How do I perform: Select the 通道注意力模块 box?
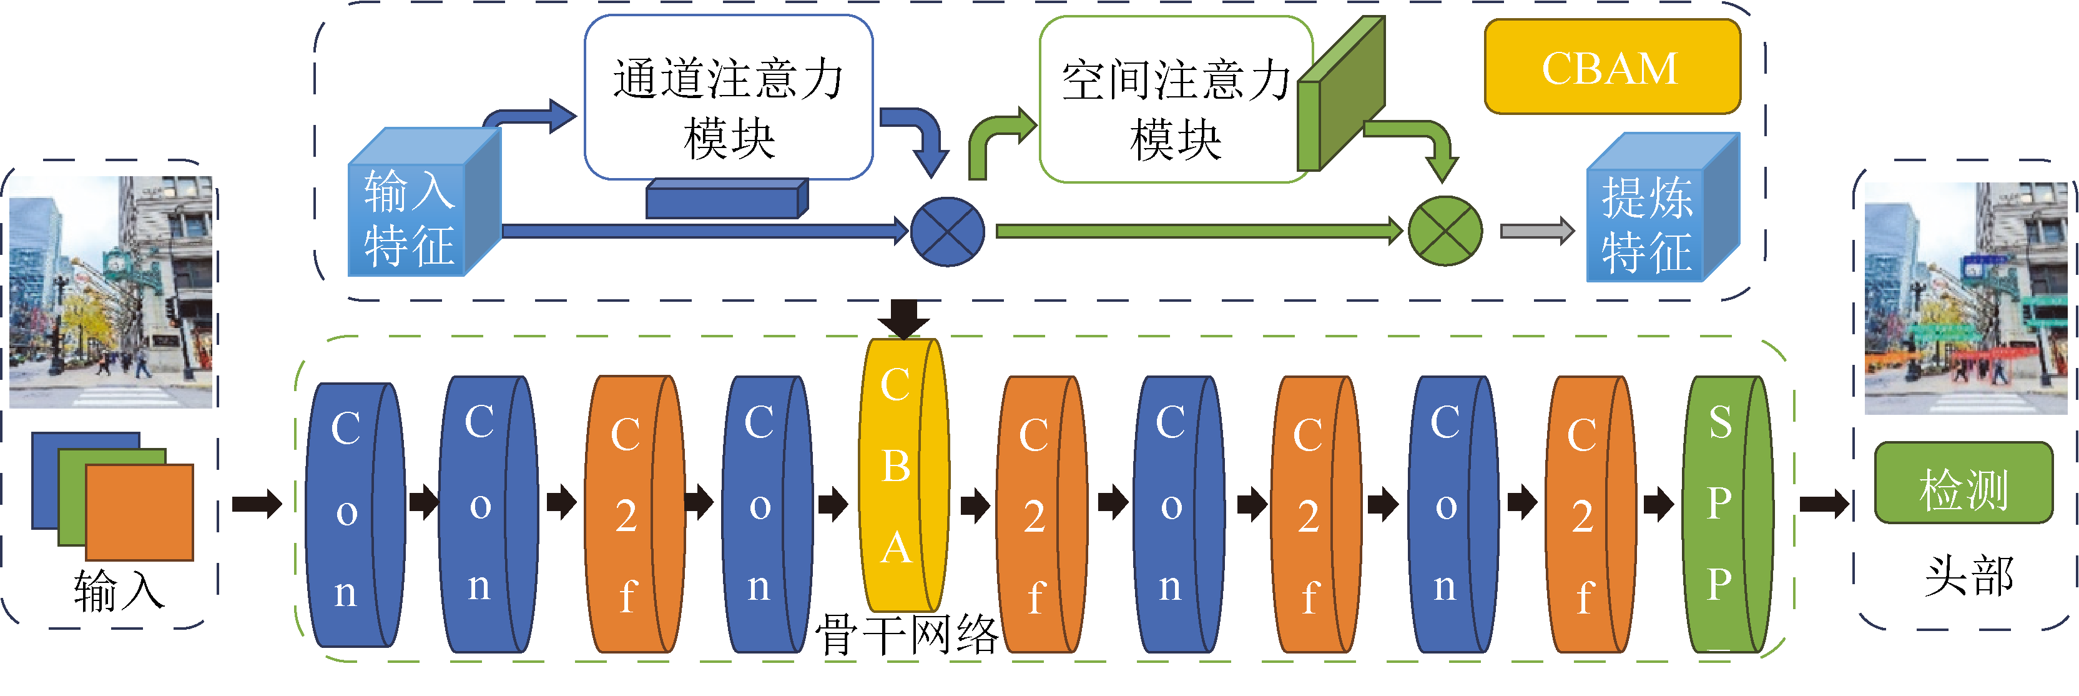pyautogui.click(x=728, y=97)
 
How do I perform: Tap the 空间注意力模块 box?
pyautogui.click(x=1175, y=99)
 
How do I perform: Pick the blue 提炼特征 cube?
pyautogui.click(x=1646, y=222)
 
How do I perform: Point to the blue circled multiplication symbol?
pyautogui.click(x=946, y=232)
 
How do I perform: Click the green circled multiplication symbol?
pyautogui.click(x=1445, y=231)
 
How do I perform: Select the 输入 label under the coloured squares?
pyautogui.click(x=119, y=592)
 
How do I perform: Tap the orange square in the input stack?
pyautogui.click(x=139, y=512)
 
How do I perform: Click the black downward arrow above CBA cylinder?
pyautogui.click(x=903, y=318)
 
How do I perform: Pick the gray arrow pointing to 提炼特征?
pyautogui.click(x=1536, y=231)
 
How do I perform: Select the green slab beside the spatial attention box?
pyautogui.click(x=1340, y=95)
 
